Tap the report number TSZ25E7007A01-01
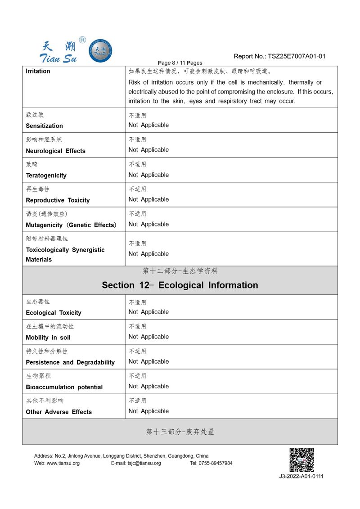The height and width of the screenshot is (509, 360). [297, 56]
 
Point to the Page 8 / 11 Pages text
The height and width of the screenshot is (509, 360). [180, 63]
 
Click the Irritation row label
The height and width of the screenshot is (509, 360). [38, 71]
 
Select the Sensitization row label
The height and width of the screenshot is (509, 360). [45, 126]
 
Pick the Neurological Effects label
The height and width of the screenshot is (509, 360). [55, 151]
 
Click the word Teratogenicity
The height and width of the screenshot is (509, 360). [46, 176]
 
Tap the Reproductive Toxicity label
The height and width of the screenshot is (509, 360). [58, 200]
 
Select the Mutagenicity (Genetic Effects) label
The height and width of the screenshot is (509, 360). [71, 225]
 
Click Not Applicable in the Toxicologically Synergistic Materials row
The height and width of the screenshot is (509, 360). [148, 254]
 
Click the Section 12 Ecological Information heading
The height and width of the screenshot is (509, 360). [180, 285]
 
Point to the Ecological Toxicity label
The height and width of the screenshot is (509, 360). [54, 313]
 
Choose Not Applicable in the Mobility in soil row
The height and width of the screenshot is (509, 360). [148, 337]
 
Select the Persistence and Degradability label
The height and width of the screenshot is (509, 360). [70, 362]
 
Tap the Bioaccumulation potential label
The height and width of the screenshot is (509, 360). [64, 387]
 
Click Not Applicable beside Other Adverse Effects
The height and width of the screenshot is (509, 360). [148, 411]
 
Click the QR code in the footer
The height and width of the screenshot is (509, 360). [301, 459]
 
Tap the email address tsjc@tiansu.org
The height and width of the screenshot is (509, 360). [144, 463]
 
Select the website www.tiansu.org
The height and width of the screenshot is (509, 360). [63, 463]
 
